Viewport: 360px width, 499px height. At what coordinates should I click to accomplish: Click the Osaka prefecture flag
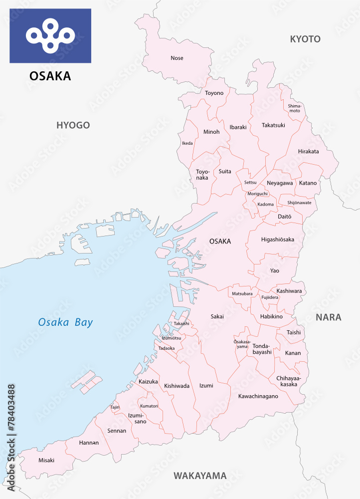pyautogui.click(x=50, y=35)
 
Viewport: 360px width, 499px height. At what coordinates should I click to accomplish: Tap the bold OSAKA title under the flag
pyautogui.click(x=50, y=76)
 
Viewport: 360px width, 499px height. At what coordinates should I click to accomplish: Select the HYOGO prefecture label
pyautogui.click(x=73, y=125)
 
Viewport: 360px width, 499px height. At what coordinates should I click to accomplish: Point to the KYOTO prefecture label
pyautogui.click(x=305, y=39)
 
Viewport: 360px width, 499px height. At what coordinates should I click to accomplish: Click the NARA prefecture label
pyautogui.click(x=328, y=317)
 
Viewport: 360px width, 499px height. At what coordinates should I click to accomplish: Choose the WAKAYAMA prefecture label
pyautogui.click(x=200, y=476)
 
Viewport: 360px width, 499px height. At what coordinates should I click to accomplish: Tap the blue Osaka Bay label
pyautogui.click(x=65, y=322)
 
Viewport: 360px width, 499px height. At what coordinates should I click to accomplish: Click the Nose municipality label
pyautogui.click(x=177, y=58)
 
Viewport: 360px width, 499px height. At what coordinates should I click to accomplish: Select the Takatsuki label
pyautogui.click(x=273, y=125)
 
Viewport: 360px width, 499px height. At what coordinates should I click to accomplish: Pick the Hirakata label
pyautogui.click(x=308, y=152)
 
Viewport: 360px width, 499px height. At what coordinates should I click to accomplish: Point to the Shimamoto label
pyautogui.click(x=295, y=108)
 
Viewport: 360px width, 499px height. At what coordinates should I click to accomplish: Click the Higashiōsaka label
pyautogui.click(x=277, y=240)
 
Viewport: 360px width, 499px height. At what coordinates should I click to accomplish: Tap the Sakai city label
pyautogui.click(x=217, y=316)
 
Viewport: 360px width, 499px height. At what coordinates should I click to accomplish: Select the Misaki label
pyautogui.click(x=46, y=460)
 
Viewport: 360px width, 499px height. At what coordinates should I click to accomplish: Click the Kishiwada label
pyautogui.click(x=177, y=386)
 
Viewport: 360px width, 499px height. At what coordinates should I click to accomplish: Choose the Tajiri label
pyautogui.click(x=115, y=407)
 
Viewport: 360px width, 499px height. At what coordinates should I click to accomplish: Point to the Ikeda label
pyautogui.click(x=187, y=143)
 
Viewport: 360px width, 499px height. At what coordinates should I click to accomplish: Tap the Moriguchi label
pyautogui.click(x=258, y=194)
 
